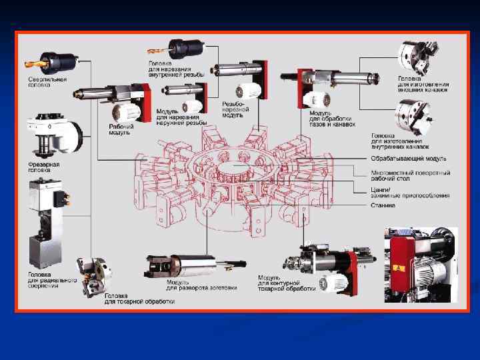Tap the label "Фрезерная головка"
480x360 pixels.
pyautogui.click(x=43, y=166)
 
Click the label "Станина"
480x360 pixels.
pyautogui.click(x=383, y=205)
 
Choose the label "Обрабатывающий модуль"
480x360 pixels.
pyautogui.click(x=408, y=159)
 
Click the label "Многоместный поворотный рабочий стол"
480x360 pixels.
pyautogui.click(x=410, y=175)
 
